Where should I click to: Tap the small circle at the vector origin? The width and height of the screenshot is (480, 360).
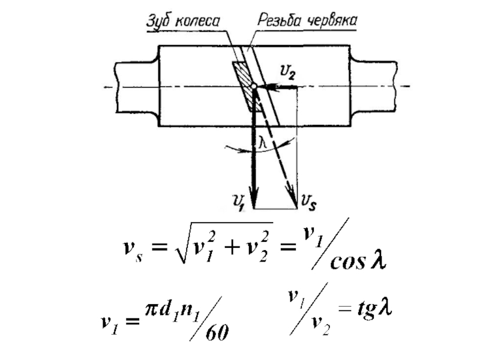point(254,88)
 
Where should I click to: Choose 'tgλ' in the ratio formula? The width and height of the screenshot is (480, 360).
point(370,310)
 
